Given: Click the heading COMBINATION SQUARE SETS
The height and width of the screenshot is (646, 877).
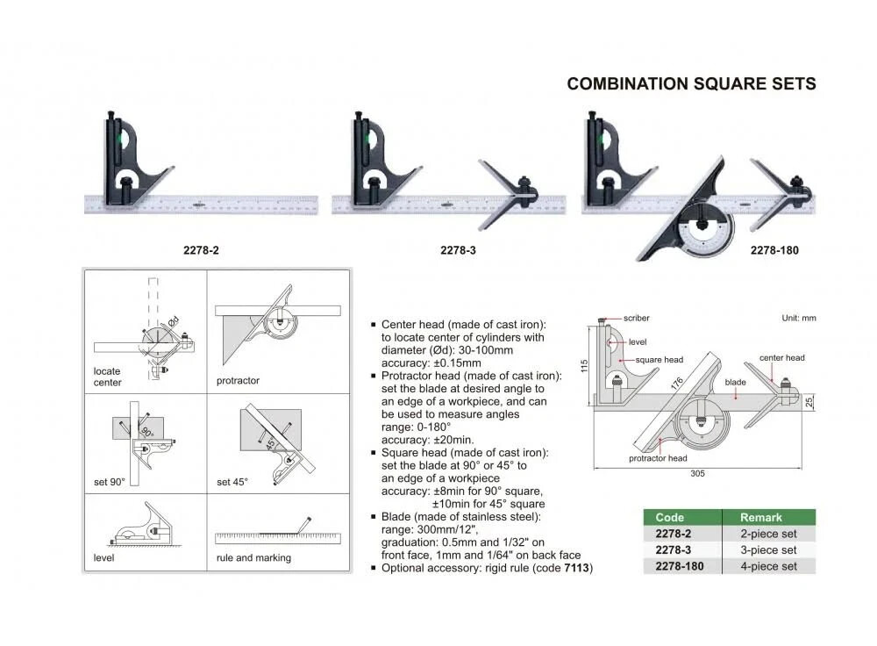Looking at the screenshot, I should click(691, 84).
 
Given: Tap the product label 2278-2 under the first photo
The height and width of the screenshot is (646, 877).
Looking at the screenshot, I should click(200, 250).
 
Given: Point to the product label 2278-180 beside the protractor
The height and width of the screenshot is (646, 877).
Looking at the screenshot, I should click(774, 250).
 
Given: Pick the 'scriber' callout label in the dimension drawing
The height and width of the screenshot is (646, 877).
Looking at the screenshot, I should click(638, 319).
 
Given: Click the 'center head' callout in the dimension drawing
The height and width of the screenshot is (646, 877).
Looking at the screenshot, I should click(781, 358).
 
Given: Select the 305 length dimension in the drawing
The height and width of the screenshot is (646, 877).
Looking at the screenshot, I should click(697, 473).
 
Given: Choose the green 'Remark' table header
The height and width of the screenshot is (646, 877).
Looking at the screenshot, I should click(759, 517).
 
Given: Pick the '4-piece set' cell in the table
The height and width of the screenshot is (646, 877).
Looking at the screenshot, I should click(768, 566).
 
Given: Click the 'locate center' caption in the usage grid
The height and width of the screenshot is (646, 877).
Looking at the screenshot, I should click(107, 377).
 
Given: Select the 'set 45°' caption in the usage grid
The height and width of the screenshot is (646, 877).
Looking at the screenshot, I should click(232, 482).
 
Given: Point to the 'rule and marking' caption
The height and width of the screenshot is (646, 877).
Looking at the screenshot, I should click(253, 557).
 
